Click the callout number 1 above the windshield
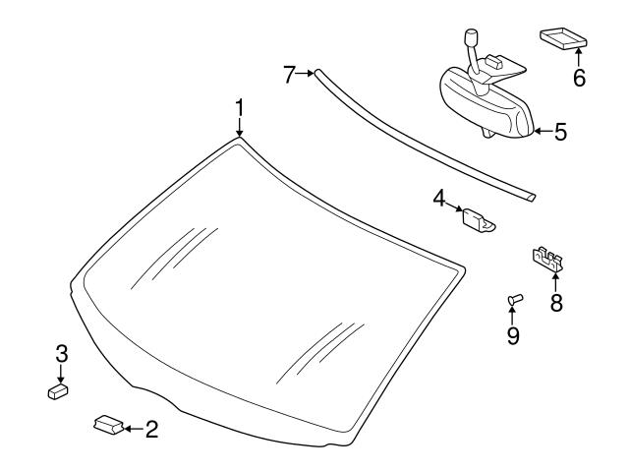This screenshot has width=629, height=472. tap(239, 106)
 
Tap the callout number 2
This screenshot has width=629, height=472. tap(150, 429)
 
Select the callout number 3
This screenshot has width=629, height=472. tap(61, 353)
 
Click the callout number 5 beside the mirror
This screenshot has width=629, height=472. tap(560, 131)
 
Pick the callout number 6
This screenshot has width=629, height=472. tap(579, 78)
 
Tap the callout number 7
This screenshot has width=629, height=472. tap(289, 74)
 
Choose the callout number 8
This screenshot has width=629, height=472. tap(556, 302)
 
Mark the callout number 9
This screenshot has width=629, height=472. tap(513, 335)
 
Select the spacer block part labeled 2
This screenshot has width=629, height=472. tap(107, 424)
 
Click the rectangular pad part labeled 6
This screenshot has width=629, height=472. tap(562, 38)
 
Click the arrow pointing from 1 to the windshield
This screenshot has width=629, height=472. tap(239, 128)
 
